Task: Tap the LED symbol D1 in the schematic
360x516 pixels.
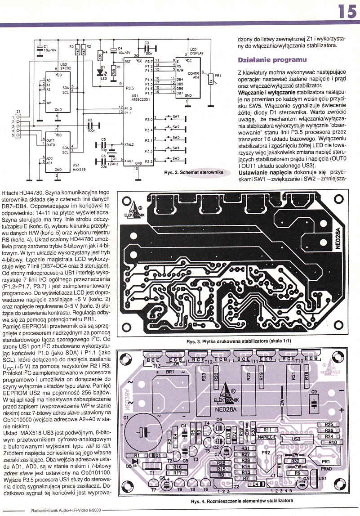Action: coord(100,72)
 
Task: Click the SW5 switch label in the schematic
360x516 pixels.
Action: coord(176,158)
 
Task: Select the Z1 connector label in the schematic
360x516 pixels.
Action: coord(18,111)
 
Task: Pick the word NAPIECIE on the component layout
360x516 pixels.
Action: coord(267,436)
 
